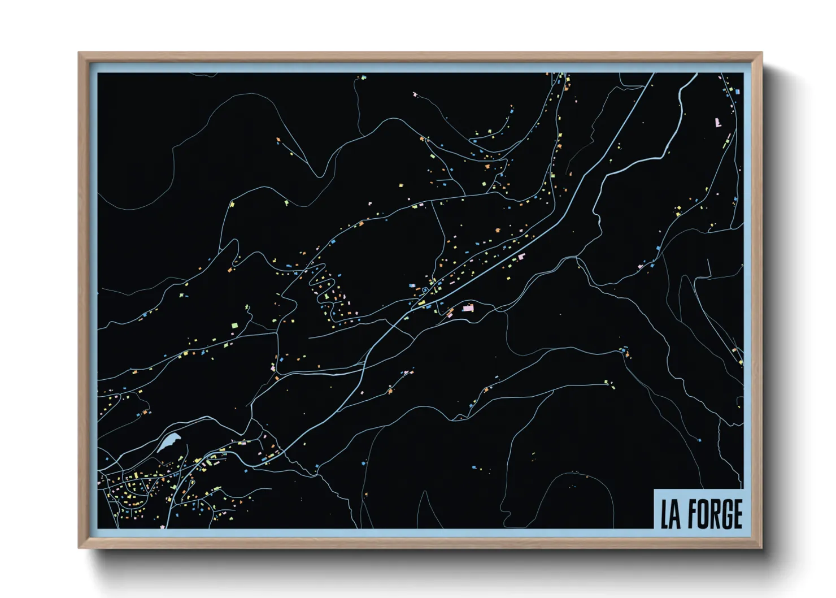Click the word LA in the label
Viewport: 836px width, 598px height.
(670, 514)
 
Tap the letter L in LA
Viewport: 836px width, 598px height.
(665, 514)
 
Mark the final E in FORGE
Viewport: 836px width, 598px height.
(737, 514)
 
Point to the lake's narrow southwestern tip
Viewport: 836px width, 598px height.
(159, 451)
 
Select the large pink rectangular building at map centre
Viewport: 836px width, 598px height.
(468, 308)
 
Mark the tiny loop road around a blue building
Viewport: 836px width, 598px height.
(424, 291)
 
